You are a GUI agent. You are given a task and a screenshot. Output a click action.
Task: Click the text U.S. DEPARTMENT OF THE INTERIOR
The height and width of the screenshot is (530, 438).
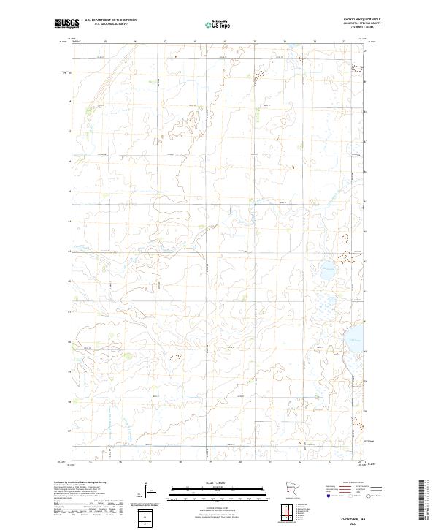110,20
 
